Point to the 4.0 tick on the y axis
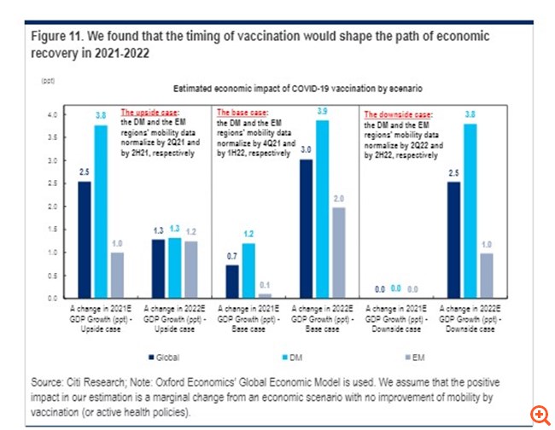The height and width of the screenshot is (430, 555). pyautogui.click(x=50, y=114)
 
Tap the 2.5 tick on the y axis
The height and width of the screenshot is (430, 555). pyautogui.click(x=50, y=183)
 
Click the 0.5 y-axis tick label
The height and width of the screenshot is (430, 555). pyautogui.click(x=50, y=276)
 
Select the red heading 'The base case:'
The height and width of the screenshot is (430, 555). pyautogui.click(x=243, y=112)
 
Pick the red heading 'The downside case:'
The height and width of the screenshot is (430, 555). pyautogui.click(x=398, y=113)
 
